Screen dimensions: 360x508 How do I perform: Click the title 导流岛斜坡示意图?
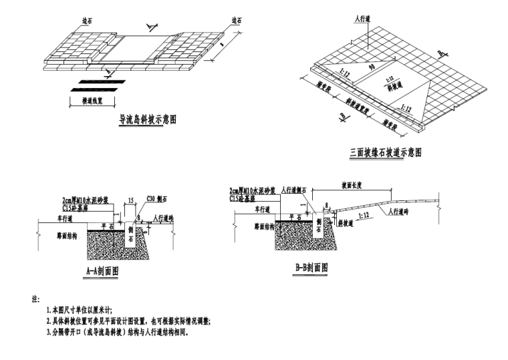tap(148, 120)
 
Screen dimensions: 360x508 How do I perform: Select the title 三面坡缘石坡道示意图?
tap(386, 153)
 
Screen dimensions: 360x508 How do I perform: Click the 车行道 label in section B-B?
tap(247, 208)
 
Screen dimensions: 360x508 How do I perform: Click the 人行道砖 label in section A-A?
tap(164, 218)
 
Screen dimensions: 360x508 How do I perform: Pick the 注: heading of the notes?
tap(36, 299)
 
